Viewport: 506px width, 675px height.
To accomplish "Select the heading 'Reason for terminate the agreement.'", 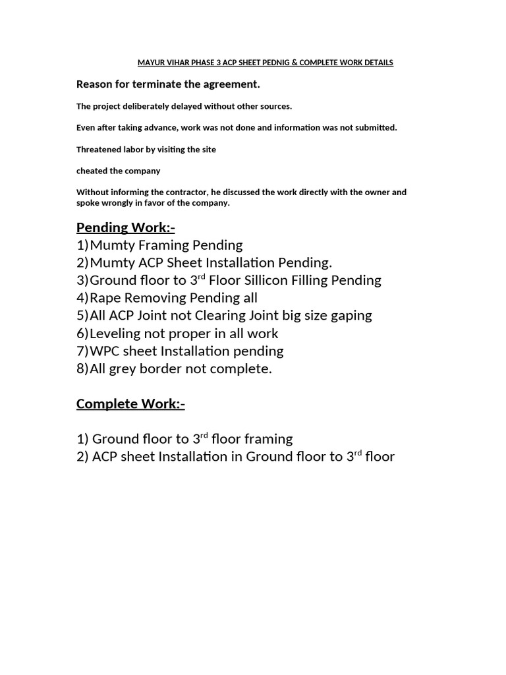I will (x=168, y=84).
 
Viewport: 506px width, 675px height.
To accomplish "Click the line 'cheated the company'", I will (x=118, y=171).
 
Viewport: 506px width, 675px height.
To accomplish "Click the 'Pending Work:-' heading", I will (x=125, y=227).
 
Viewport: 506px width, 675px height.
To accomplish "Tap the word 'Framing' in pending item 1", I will (x=162, y=245).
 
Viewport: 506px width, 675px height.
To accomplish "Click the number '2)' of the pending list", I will (x=82, y=263).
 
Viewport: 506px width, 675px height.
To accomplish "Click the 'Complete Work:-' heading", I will (x=130, y=403).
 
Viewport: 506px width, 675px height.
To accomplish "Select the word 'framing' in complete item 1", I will (x=267, y=439).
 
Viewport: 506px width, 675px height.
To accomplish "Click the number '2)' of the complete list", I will (x=82, y=457).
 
